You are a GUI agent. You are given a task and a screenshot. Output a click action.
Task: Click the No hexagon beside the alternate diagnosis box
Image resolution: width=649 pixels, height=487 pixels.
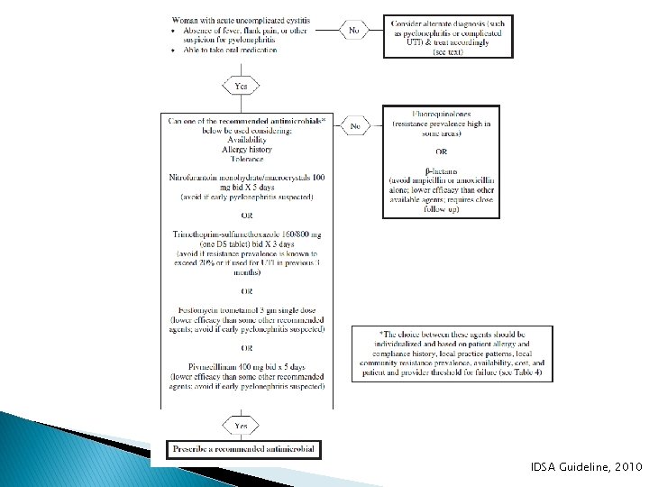point(354,30)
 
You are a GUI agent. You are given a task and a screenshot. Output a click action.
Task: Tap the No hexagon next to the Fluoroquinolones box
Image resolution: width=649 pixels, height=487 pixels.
point(355,127)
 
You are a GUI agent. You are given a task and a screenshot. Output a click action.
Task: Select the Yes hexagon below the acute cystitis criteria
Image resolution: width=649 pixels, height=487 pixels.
point(241,86)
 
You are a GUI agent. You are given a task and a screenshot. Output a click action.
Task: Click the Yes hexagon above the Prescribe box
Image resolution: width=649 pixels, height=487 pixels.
point(241,424)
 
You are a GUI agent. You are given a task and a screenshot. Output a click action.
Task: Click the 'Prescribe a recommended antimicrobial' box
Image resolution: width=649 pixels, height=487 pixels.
point(243,448)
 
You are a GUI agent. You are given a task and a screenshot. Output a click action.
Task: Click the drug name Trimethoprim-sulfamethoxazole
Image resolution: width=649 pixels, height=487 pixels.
point(222,234)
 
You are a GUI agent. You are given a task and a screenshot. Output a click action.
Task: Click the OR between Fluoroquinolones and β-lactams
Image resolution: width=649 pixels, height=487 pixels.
point(442,150)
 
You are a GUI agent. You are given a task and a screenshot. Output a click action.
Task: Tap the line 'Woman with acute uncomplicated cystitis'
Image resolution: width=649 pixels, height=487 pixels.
point(243,20)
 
